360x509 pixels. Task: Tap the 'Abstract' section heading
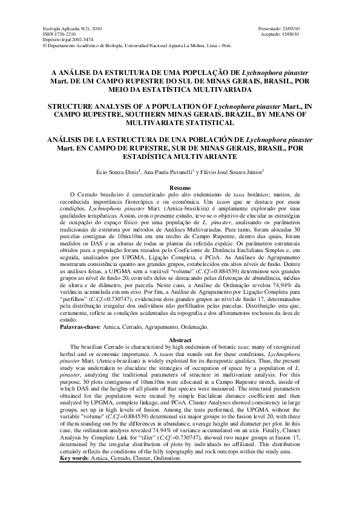[180, 340]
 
